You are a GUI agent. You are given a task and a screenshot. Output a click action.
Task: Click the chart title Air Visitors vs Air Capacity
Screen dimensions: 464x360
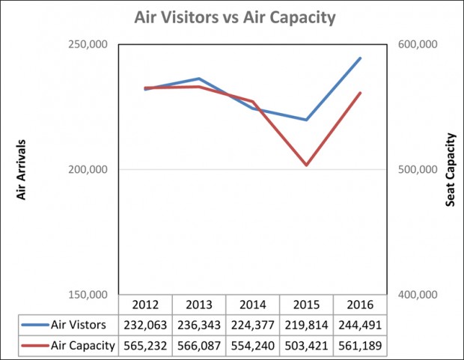pyautogui.click(x=235, y=18)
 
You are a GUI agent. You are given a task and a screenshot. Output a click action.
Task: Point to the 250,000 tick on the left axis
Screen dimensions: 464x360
pyautogui.click(x=88, y=44)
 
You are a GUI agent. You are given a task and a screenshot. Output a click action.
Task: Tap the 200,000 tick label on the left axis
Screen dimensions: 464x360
pyautogui.click(x=88, y=170)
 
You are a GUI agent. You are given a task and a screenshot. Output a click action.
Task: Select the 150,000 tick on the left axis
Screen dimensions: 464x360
pyautogui.click(x=88, y=295)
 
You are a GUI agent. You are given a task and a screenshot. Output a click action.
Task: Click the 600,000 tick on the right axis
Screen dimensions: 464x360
pyautogui.click(x=418, y=44)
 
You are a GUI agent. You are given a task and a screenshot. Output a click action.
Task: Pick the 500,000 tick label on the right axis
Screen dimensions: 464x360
pyautogui.click(x=418, y=170)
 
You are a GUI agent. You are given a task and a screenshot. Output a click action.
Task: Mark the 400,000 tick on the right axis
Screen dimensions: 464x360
pyautogui.click(x=418, y=295)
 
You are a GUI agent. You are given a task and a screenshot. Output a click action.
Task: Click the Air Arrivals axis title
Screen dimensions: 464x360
pyautogui.click(x=21, y=170)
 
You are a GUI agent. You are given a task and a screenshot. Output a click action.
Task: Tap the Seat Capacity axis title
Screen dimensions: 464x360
pyautogui.click(x=450, y=170)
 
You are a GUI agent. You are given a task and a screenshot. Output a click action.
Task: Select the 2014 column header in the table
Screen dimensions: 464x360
pyautogui.click(x=253, y=305)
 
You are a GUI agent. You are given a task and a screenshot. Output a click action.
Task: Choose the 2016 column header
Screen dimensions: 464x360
pyautogui.click(x=360, y=305)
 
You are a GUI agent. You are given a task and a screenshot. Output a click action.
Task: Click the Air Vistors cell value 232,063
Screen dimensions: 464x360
pyautogui.click(x=145, y=325)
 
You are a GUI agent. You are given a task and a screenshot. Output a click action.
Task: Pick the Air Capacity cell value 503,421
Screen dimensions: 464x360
pyautogui.click(x=306, y=346)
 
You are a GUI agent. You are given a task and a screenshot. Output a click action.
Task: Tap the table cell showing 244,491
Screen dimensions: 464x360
pyautogui.click(x=360, y=325)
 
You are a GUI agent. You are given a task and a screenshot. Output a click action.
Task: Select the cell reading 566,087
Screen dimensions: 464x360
pyautogui.click(x=199, y=346)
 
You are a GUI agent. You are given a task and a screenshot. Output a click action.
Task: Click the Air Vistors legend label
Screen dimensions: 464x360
pyautogui.click(x=78, y=325)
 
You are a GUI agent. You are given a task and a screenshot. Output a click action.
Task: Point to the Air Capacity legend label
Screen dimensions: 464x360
pyautogui.click(x=83, y=346)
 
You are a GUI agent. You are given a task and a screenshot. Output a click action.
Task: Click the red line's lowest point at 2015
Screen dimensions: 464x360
pyautogui.click(x=306, y=165)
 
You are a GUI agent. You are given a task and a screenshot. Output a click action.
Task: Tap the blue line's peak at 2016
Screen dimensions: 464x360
pyautogui.click(x=360, y=58)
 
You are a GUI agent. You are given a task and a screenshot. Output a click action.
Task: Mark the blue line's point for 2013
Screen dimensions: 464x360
pyautogui.click(x=199, y=79)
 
